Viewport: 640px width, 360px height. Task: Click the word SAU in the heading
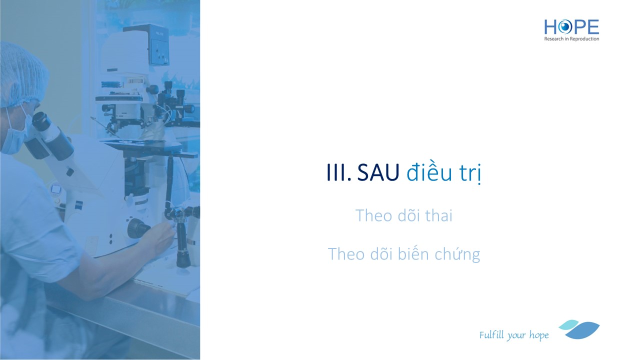[378, 172]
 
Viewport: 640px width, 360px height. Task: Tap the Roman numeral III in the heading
[337, 172]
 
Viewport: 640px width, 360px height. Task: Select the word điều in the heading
[429, 172]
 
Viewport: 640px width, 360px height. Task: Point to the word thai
[439, 215]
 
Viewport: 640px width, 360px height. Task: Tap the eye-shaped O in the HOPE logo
[564, 27]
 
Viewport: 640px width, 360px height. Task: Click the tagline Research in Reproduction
[571, 39]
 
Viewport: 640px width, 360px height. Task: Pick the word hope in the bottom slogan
[539, 335]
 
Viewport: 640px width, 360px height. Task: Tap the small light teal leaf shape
[568, 325]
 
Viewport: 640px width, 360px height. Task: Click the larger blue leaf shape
[583, 330]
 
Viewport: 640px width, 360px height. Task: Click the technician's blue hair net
[23, 75]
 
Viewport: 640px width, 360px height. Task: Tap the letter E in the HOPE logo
[593, 27]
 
